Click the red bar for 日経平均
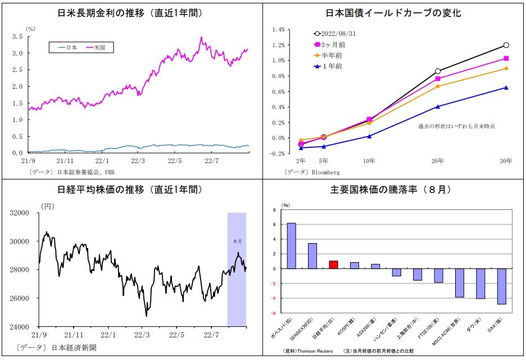pos(333,265)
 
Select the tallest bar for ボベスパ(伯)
pos(291,246)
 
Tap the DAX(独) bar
pos(502,286)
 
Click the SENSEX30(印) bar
pos(312,256)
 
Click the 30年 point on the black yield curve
pos(506,45)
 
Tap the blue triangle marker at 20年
pos(438,106)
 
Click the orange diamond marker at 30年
pos(506,69)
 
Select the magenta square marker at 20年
pos(438,79)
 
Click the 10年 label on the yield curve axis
pos(369,161)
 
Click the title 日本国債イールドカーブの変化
pos(393,12)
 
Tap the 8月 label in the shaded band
pos(237,241)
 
